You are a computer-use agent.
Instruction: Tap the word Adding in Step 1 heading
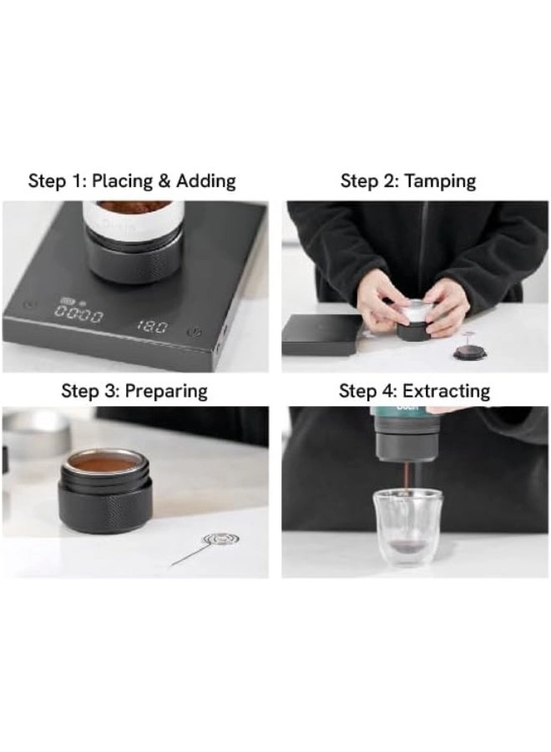[206, 181]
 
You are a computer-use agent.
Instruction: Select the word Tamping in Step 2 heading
[440, 182]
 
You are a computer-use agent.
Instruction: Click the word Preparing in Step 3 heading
[166, 392]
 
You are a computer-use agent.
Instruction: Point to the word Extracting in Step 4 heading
[446, 391]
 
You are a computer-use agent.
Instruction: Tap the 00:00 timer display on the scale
[78, 316]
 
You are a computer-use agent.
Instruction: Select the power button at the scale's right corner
[196, 332]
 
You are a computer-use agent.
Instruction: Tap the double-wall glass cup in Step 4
[407, 526]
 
